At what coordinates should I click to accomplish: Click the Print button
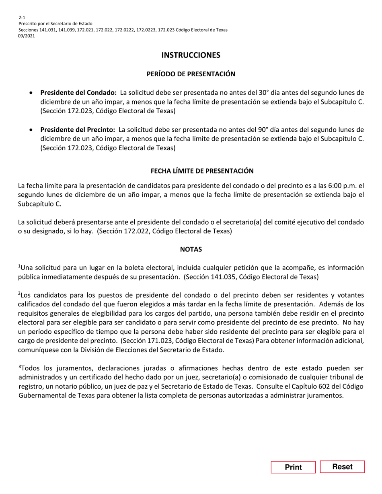[x=293, y=467]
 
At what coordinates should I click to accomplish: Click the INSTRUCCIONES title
[x=191, y=55]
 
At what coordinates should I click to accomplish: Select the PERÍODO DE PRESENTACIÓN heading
[x=191, y=74]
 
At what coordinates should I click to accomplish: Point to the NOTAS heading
[x=191, y=249]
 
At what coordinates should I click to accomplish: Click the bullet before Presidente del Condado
[x=31, y=93]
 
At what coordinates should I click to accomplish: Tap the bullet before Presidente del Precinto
[x=31, y=130]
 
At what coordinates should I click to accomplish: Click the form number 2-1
[x=22, y=18]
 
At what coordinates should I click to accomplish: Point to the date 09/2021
[x=27, y=36]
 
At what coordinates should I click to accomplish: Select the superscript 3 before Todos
[x=20, y=367]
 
